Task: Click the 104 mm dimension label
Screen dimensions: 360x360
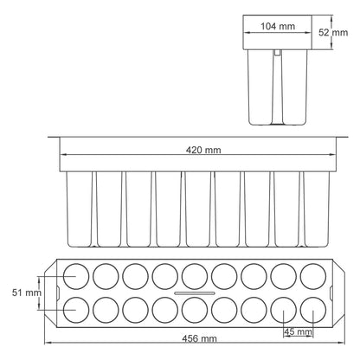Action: [x=278, y=27]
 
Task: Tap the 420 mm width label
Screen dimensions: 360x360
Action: [x=204, y=151]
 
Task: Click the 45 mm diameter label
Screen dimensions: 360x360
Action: [x=298, y=331]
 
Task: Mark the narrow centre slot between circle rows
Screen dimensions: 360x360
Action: [x=194, y=292]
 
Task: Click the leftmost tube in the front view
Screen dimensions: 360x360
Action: [x=79, y=208]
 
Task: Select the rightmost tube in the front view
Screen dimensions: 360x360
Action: [x=316, y=208]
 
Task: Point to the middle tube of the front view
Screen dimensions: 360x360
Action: [x=197, y=208]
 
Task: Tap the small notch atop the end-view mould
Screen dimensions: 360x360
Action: [x=277, y=53]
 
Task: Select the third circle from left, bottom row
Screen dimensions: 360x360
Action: [x=134, y=308]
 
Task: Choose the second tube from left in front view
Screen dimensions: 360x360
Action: [x=108, y=208]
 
